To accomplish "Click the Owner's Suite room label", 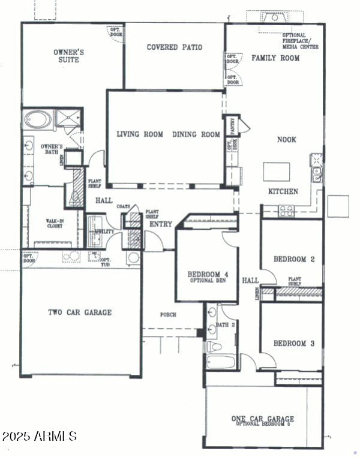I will [68, 56].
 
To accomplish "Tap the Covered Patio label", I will [174, 47].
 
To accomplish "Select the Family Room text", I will [275, 58].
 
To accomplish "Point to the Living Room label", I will [140, 134].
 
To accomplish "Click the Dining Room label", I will [196, 134].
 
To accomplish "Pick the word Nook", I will [286, 139].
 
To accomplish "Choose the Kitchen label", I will [283, 191].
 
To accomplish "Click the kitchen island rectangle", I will [276, 172].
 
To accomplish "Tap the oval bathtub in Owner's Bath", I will [38, 121].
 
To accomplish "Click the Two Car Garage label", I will [80, 312].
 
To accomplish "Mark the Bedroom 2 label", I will [294, 259].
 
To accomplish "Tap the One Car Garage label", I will [263, 419].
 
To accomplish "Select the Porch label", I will [168, 314].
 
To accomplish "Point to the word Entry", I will [161, 224].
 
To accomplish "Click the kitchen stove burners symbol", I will [286, 210].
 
